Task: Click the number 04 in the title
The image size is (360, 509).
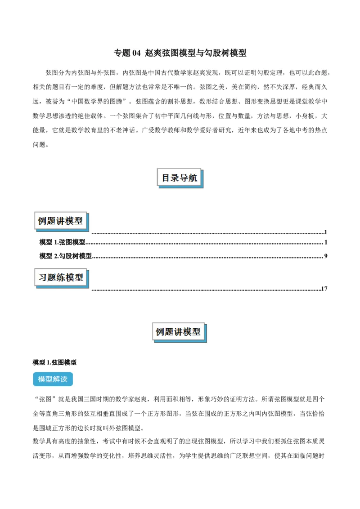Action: [x=136, y=53]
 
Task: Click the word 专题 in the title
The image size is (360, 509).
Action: [x=121, y=53]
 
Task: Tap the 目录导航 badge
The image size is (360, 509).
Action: [x=180, y=178]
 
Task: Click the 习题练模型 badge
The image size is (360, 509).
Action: [x=61, y=277]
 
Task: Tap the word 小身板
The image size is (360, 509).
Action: [x=306, y=116]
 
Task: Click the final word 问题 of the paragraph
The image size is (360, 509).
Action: [x=39, y=145]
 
